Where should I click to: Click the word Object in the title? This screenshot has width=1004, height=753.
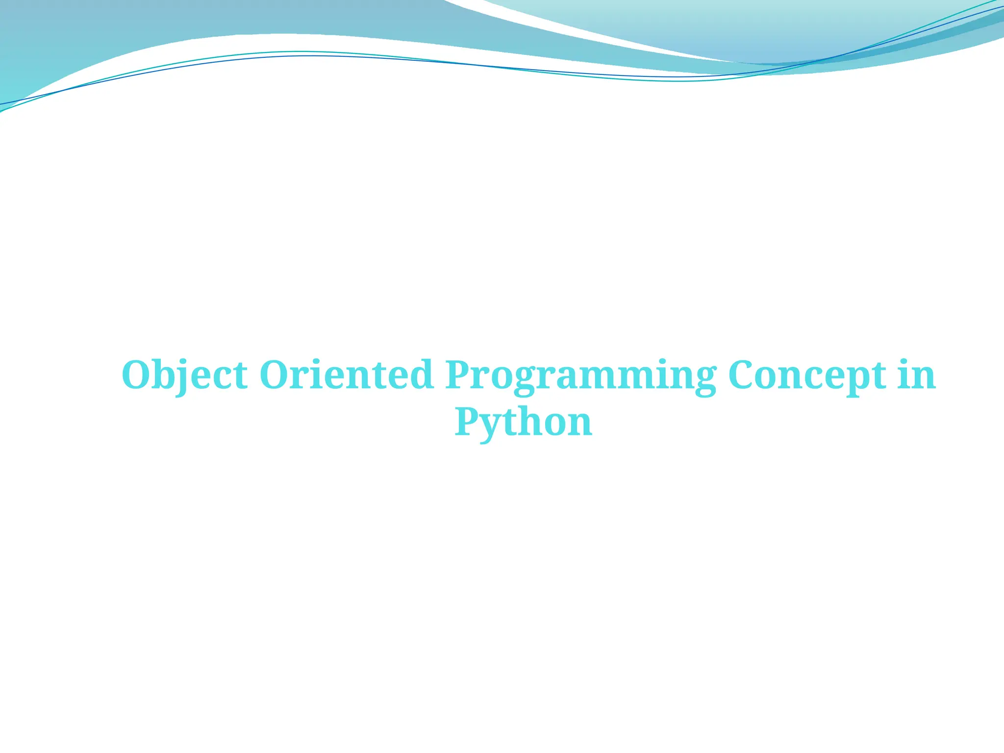(184, 376)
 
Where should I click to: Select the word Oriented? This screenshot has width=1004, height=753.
(346, 376)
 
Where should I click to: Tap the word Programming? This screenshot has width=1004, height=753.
(580, 376)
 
